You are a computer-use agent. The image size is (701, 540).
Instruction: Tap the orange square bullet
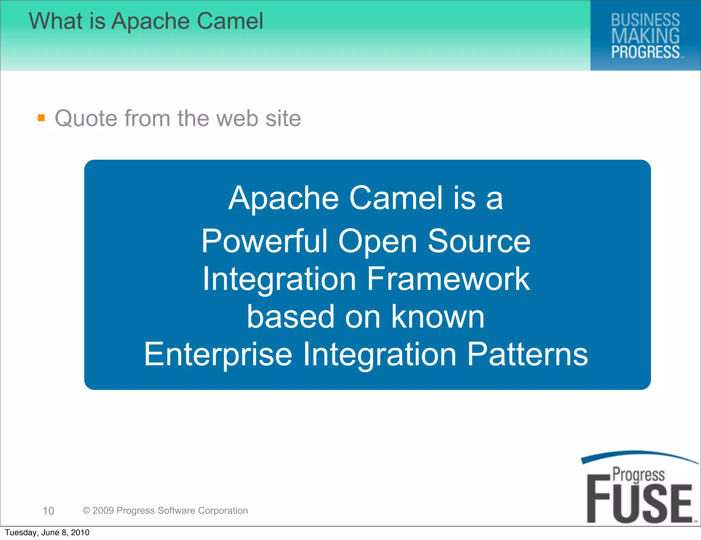pos(41,118)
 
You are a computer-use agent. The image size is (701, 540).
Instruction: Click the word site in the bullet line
pos(283,119)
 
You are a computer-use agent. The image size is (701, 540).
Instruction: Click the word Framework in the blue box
pos(448,279)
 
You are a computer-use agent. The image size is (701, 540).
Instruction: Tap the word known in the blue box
pos(438,317)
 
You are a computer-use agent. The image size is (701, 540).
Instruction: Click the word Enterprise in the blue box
pos(218,354)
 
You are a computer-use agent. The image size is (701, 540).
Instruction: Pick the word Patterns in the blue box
pos(527,354)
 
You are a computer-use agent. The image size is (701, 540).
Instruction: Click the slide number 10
pos(48,511)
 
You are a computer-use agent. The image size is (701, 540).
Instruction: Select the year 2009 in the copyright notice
pos(103,511)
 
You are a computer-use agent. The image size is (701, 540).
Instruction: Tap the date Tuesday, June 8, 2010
pos(47,532)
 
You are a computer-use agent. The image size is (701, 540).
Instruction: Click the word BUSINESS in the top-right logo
pos(645,20)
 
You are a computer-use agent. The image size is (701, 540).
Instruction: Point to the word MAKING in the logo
pos(645,36)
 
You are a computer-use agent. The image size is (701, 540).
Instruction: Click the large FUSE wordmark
pos(639,504)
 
